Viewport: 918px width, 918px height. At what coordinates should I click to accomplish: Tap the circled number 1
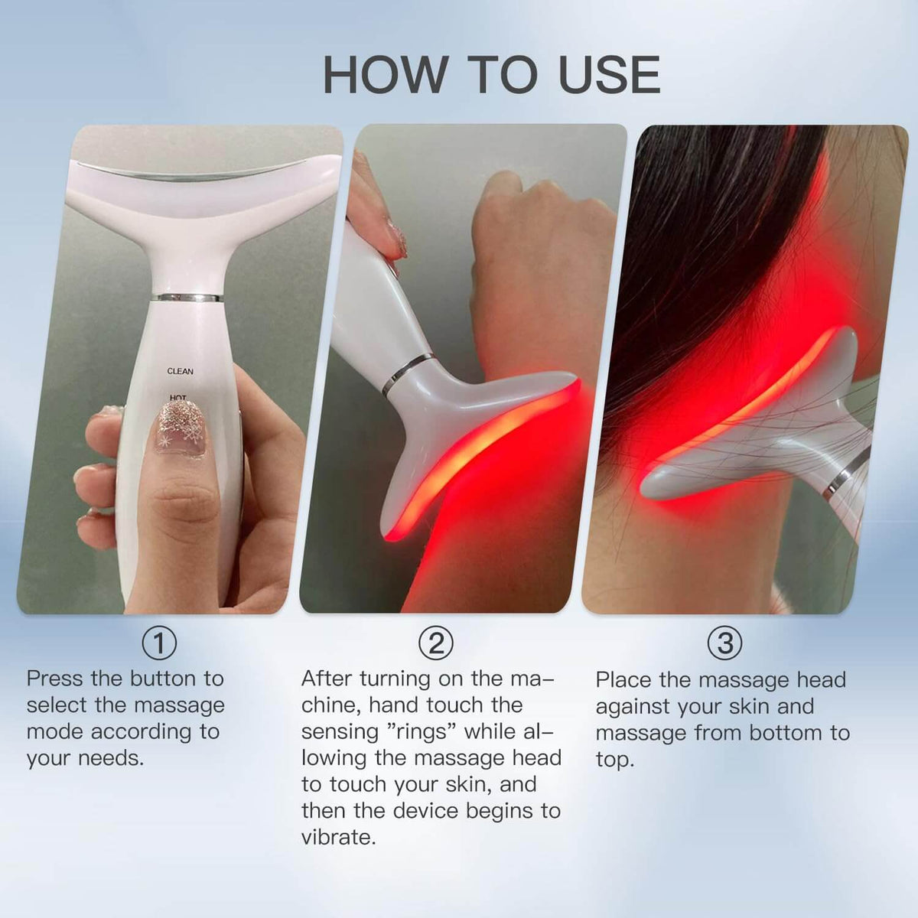[x=159, y=643]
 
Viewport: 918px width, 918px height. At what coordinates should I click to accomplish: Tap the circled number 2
[x=435, y=643]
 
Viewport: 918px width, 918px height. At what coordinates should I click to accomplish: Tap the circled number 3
[x=724, y=643]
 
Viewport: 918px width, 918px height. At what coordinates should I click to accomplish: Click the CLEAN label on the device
[x=181, y=372]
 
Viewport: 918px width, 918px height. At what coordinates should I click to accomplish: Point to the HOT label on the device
[x=177, y=397]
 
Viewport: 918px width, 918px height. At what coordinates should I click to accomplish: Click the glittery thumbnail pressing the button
[x=181, y=428]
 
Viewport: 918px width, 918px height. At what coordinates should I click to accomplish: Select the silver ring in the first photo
[x=187, y=297]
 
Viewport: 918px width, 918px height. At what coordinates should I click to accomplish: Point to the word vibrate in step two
[x=337, y=837]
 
